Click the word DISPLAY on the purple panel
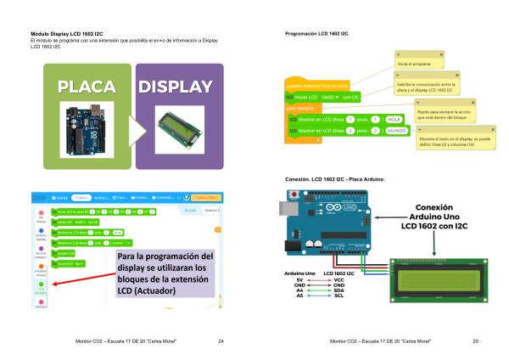(x=176, y=87)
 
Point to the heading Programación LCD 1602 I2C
(x=316, y=32)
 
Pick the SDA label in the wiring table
(x=338, y=290)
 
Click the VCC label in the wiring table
(x=338, y=278)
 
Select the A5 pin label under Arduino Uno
(x=299, y=295)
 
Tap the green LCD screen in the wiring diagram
(x=433, y=278)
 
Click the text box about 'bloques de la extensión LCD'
(x=166, y=273)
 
